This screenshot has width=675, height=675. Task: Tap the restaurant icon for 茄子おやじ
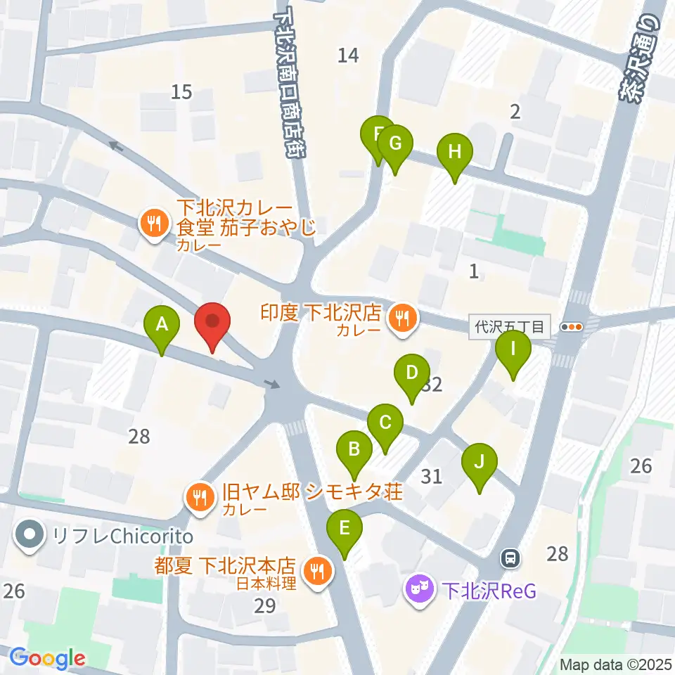tap(153, 224)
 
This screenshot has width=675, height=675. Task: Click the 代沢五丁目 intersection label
tap(508, 327)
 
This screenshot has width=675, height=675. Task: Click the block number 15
tap(181, 91)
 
